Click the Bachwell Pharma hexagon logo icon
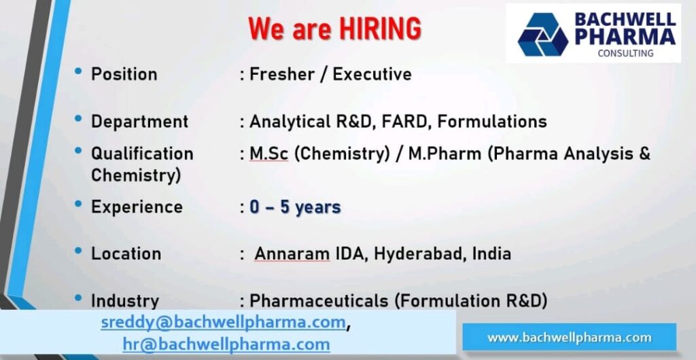point(542,35)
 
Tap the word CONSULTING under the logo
point(625,53)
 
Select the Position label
point(124,74)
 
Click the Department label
point(139,122)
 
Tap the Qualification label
point(142,154)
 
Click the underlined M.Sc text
point(269,154)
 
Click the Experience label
point(137,206)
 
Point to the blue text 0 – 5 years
point(295,206)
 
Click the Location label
point(126,253)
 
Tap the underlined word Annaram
point(292,253)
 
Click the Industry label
point(125,300)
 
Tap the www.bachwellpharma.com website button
point(569,338)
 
